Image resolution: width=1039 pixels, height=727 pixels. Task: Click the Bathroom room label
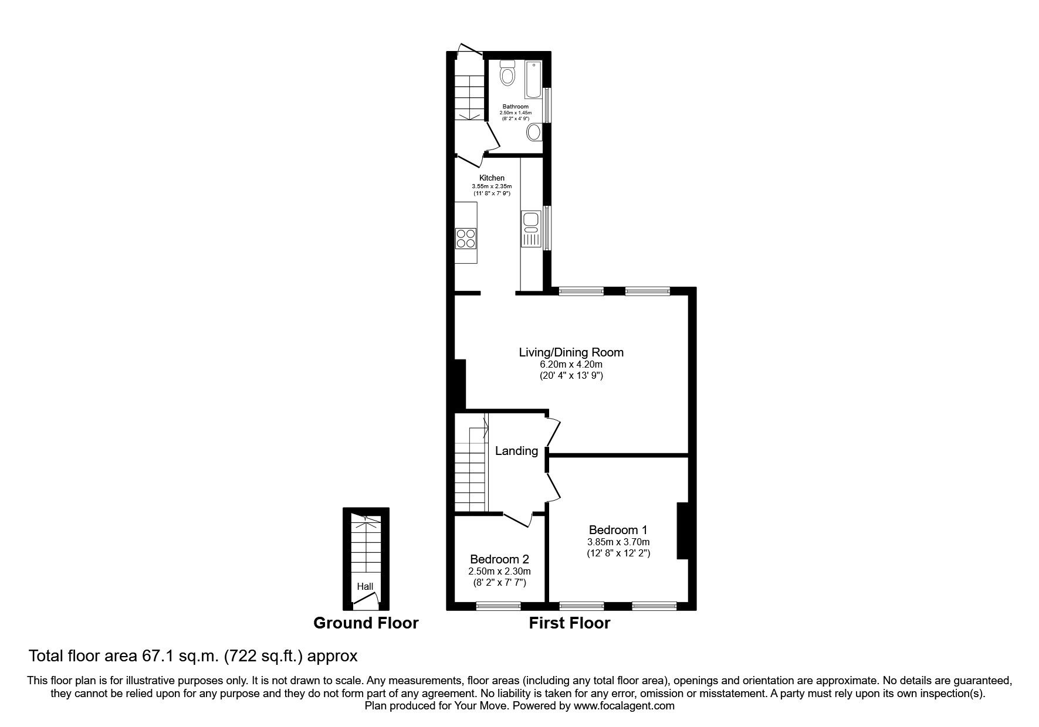pos(515,107)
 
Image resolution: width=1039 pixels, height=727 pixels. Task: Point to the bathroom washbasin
pos(534,132)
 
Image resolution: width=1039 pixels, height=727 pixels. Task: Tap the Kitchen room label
pos(492,178)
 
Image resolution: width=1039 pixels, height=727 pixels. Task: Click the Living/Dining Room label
pos(571,352)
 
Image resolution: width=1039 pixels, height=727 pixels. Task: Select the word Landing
pos(516,451)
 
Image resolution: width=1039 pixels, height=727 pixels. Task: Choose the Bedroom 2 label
pos(499,559)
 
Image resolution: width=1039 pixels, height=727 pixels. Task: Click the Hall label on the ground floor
pos(365,586)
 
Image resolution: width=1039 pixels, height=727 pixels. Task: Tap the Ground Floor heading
pos(366,623)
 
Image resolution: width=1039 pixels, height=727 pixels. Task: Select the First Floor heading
pos(570,623)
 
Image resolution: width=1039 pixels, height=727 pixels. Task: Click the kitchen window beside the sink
pos(546,227)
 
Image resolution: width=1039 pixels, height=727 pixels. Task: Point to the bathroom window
pos(546,106)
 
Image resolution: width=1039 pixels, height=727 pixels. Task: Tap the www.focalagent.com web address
pos(624,706)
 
